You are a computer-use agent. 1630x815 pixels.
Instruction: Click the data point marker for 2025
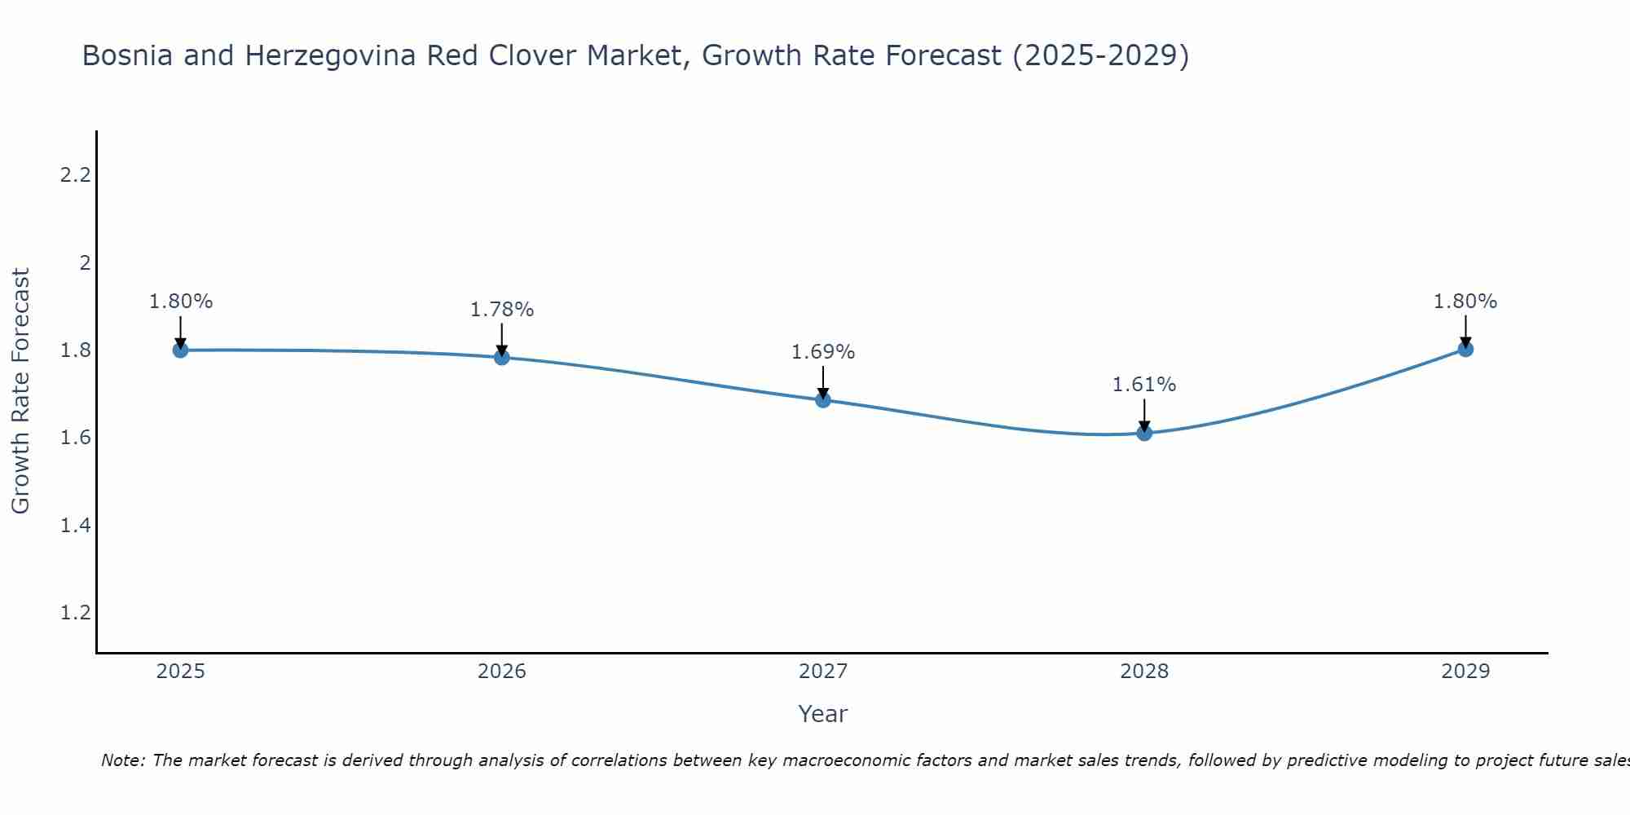point(180,350)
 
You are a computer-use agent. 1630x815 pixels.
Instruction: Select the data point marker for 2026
point(502,357)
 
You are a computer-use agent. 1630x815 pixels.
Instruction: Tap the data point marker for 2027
point(823,400)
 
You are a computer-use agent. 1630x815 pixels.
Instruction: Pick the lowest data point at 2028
point(1144,433)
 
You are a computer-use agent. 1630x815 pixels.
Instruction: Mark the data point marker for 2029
point(1465,350)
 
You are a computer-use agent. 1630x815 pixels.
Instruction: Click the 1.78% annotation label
point(502,310)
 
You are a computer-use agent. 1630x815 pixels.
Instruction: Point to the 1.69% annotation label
point(823,352)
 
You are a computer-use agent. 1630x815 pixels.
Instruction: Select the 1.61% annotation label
point(1144,385)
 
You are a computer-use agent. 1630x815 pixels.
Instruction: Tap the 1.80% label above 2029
point(1465,302)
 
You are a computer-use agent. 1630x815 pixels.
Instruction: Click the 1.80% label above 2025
point(181,302)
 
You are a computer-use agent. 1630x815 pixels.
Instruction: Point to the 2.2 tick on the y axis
point(75,175)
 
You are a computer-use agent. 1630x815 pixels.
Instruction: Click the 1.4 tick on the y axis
point(75,526)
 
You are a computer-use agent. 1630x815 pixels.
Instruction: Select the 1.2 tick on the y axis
point(75,613)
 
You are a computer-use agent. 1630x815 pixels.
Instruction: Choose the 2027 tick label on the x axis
point(823,672)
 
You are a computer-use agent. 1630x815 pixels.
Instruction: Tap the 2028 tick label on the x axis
point(1144,672)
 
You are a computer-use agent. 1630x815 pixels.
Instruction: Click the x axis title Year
point(823,714)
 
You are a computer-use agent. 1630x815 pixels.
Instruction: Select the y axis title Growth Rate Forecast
point(20,391)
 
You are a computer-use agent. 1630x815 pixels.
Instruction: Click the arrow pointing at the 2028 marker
point(1144,414)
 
